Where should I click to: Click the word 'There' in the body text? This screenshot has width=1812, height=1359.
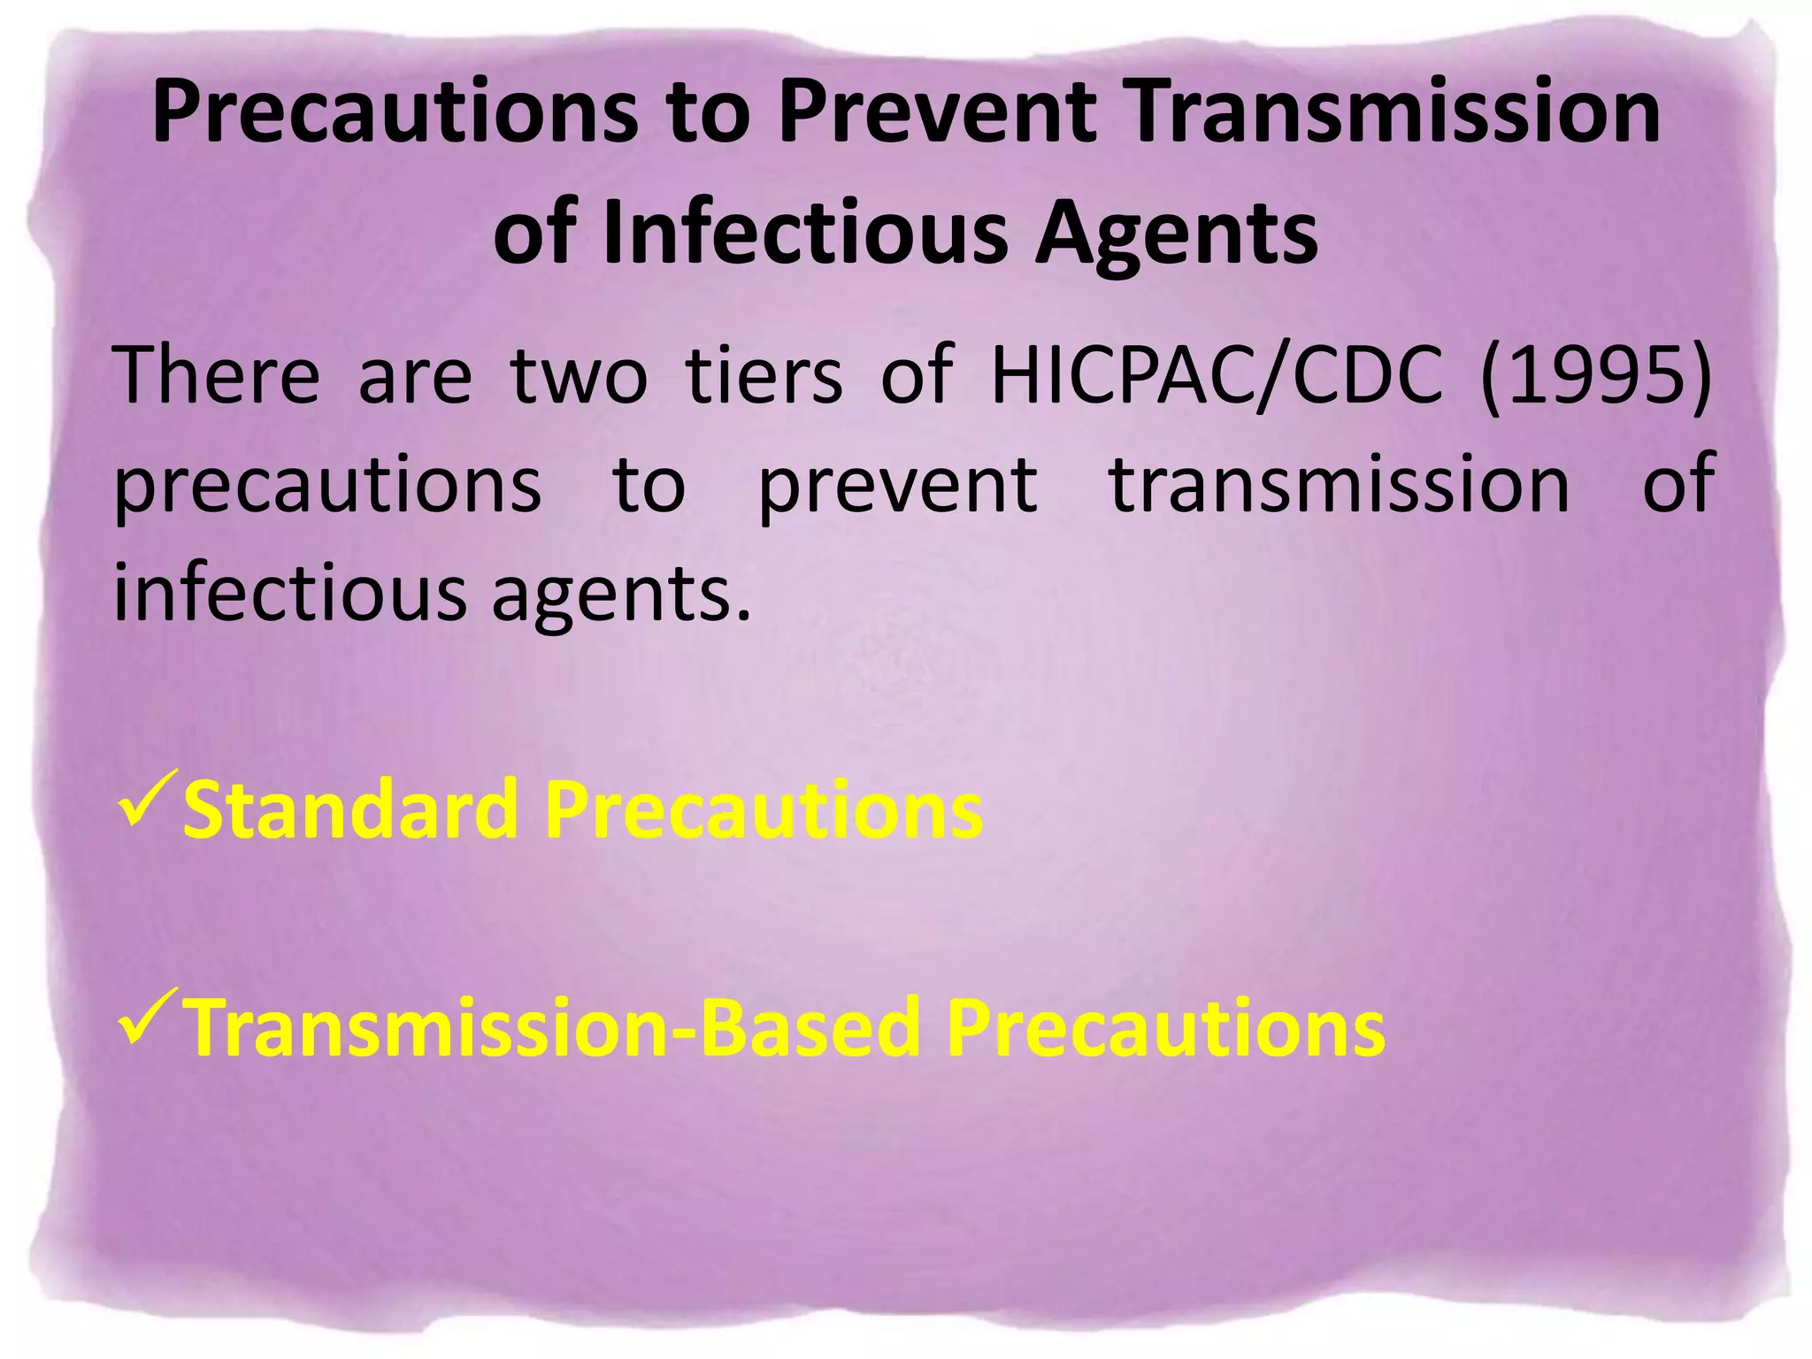(217, 376)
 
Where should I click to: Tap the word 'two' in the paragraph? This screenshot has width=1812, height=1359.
(579, 376)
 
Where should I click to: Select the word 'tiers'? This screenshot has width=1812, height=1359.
(764, 376)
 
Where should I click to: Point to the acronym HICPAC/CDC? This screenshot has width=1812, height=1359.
(1217, 376)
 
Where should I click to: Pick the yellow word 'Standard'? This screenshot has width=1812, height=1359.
(350, 810)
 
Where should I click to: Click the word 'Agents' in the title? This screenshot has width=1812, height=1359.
(1177, 233)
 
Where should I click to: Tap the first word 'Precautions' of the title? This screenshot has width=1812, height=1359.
(395, 112)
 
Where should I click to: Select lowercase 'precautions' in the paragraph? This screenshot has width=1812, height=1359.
(327, 486)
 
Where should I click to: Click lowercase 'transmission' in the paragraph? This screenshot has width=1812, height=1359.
(1340, 484)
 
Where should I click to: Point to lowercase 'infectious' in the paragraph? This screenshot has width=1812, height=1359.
(289, 593)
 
